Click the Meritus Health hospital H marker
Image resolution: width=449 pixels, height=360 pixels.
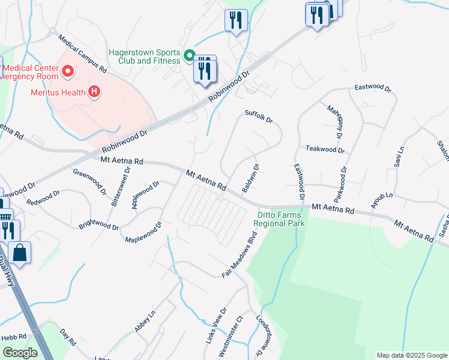point(94,92)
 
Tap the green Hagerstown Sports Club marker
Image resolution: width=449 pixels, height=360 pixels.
point(188,56)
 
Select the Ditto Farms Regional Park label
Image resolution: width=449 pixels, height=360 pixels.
point(279,219)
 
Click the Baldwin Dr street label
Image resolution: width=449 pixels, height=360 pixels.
point(250,178)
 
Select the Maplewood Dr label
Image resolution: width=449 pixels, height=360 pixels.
point(143,232)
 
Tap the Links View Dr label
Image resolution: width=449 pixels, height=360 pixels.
point(216,326)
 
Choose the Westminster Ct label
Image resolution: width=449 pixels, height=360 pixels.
point(230,337)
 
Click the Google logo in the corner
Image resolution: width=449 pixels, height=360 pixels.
point(20,353)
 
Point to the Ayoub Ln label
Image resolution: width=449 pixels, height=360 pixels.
point(380,197)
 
